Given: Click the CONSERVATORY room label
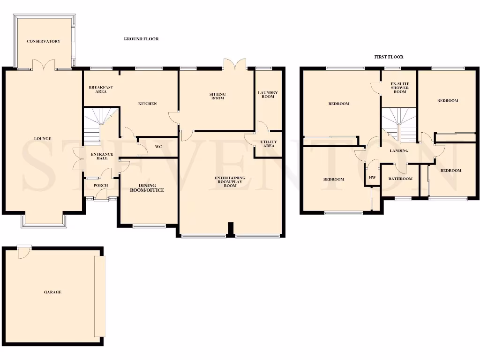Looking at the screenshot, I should click(x=43, y=41).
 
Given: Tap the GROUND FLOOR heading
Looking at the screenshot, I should click(x=141, y=39).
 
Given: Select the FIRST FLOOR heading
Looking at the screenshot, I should click(x=388, y=57).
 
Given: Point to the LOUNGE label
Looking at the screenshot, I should click(x=42, y=139).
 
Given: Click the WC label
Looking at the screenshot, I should click(x=158, y=147).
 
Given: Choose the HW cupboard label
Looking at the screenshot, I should click(x=373, y=178).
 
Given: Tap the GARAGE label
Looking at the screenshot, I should click(x=52, y=292).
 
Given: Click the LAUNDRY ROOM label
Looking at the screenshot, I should click(x=268, y=95).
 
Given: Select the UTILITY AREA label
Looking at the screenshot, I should click(x=268, y=144).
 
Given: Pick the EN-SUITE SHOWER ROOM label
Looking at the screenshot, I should click(x=400, y=88).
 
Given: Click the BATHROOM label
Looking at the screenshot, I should click(x=400, y=179).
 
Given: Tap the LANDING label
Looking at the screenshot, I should click(x=399, y=151).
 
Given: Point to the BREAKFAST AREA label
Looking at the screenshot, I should click(x=101, y=89).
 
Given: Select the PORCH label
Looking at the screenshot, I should click(x=101, y=186).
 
